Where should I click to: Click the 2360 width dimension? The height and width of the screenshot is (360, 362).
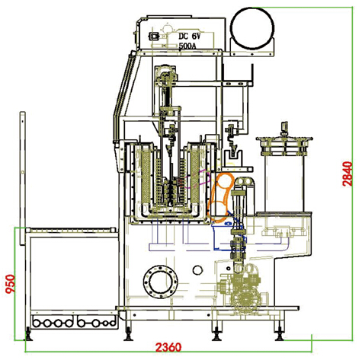(x=168, y=347)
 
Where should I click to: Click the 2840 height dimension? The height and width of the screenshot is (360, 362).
(x=348, y=174)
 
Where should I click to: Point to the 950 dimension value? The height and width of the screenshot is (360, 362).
(x=11, y=284)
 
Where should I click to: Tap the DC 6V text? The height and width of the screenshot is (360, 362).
(x=189, y=37)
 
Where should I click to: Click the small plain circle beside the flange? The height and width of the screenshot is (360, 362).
(x=197, y=270)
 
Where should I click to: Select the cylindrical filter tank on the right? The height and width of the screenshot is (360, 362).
(x=284, y=175)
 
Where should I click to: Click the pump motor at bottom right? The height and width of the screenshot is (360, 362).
(x=245, y=299)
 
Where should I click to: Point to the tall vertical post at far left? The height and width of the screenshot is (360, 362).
(x=23, y=178)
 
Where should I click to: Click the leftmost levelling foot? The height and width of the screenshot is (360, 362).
(x=28, y=334)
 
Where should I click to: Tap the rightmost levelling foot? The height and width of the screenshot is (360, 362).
(x=280, y=334)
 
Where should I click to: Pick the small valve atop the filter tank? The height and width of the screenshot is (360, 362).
(x=284, y=129)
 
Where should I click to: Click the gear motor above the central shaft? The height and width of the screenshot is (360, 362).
(x=165, y=74)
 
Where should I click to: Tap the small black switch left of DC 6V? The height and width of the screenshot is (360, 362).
(x=154, y=37)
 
